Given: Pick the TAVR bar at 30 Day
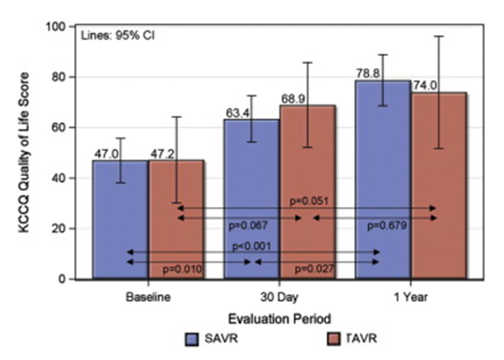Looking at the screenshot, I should (306, 192).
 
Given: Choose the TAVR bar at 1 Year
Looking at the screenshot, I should (438, 186).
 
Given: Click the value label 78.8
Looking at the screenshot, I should (369, 70).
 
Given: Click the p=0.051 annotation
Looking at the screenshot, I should (307, 199).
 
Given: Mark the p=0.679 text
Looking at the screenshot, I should (386, 227).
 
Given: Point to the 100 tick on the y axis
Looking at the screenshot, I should (63, 27).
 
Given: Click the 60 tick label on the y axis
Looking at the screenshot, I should (66, 127).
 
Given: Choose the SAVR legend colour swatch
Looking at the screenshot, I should (193, 340).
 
